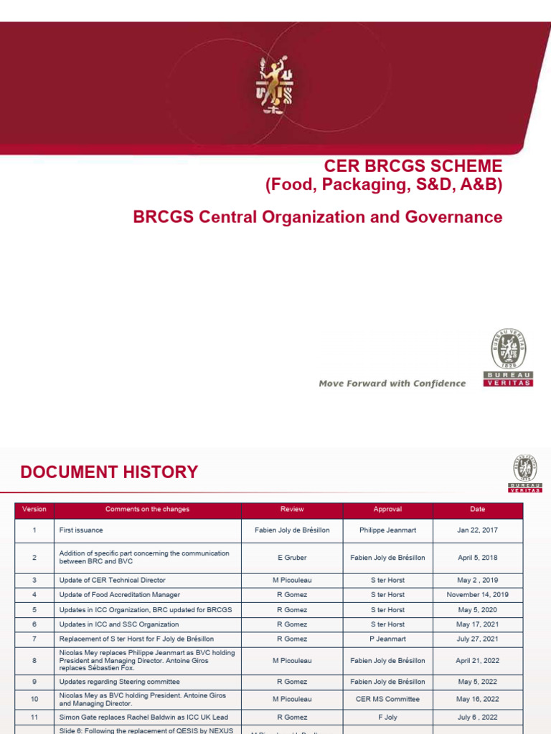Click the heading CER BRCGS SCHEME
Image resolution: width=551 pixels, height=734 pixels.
[x=413, y=166]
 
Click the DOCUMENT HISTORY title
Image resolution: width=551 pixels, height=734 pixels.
[x=109, y=472]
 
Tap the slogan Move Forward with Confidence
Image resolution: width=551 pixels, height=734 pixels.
[x=392, y=383]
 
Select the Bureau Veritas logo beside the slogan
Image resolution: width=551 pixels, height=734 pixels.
[x=509, y=358]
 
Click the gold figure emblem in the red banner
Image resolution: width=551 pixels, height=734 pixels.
[x=275, y=86]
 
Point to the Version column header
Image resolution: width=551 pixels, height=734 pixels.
[x=34, y=510]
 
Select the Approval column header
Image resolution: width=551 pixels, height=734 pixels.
[x=387, y=510]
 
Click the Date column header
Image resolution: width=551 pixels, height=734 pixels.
[x=478, y=510]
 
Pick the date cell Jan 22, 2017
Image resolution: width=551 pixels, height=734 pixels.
[x=478, y=530]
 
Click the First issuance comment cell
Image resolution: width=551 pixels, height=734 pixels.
[x=81, y=530]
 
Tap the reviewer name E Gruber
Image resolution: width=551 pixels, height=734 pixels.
[x=292, y=558]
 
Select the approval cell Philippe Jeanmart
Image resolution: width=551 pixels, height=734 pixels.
[x=387, y=530]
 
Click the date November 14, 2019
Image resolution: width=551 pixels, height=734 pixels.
[x=478, y=595]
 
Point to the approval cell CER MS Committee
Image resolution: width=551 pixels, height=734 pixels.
[x=387, y=699]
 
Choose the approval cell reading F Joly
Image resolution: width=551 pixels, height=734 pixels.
[x=387, y=717]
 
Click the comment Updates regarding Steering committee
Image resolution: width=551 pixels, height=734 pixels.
[x=119, y=682]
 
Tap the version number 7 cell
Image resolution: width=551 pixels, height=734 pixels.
[x=34, y=639]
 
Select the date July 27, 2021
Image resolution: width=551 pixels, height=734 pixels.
[x=478, y=639]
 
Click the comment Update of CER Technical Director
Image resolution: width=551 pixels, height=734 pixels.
[x=112, y=580]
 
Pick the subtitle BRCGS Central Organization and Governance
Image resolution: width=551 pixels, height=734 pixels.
[x=318, y=217]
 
